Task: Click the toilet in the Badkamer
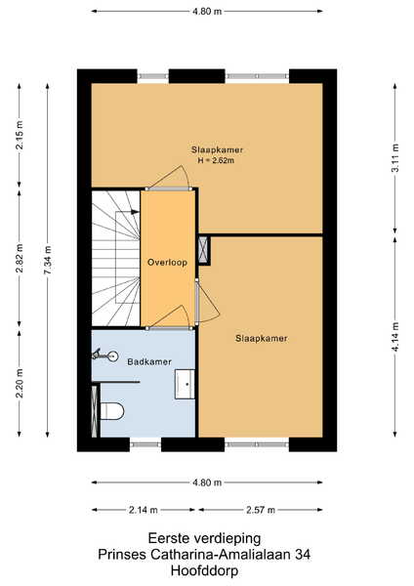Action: click(112, 411)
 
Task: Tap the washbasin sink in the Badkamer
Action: click(185, 384)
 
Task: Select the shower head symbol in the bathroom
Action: click(105, 355)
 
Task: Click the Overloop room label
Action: click(167, 263)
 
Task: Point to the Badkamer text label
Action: click(149, 361)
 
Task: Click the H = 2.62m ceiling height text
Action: click(217, 161)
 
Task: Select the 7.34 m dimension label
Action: click(48, 260)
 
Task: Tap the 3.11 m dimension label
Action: click(395, 157)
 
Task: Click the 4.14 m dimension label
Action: click(395, 337)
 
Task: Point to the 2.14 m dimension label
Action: click(144, 510)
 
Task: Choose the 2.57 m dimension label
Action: click(261, 510)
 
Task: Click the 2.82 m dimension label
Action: click(20, 258)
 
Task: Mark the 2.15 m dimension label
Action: click(20, 135)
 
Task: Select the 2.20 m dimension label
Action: click(20, 383)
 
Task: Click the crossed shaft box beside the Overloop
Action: click(203, 249)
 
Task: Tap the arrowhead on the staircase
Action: click(136, 212)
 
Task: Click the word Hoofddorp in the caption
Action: click(204, 570)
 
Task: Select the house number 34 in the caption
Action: click(303, 554)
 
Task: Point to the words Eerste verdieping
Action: click(204, 538)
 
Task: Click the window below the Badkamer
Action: click(145, 444)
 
